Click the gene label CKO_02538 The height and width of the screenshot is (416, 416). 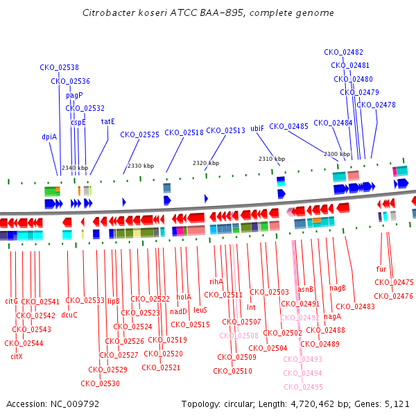point(59,67)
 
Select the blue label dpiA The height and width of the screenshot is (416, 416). point(49,137)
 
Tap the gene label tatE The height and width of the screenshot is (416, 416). point(108,121)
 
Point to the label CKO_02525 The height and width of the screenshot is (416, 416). point(139,135)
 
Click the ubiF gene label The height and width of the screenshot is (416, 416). point(257,128)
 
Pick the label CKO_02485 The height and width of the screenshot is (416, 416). point(288,126)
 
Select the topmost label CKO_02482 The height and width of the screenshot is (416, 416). point(343,52)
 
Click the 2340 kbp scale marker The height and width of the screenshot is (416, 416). point(75,168)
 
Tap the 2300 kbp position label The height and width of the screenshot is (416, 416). point(336,154)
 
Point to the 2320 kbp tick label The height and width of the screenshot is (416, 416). point(206,163)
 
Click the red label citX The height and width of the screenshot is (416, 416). point(17,356)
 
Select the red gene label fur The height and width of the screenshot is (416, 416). point(381,269)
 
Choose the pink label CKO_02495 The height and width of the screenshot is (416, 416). point(303,387)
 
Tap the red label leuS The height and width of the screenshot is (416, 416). point(200,310)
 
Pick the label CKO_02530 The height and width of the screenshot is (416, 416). point(100,383)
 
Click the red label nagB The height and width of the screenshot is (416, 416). point(338,288)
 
